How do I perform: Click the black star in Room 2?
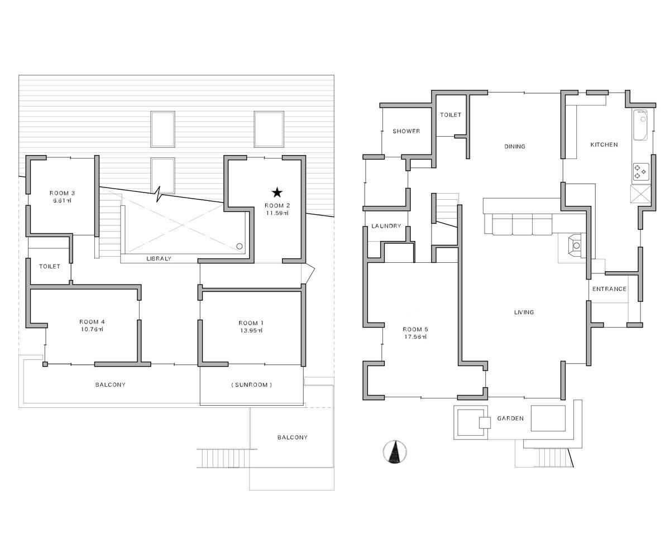(x=277, y=193)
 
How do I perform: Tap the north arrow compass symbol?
(x=395, y=451)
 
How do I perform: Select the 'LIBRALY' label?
(x=159, y=258)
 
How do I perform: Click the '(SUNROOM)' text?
(x=252, y=384)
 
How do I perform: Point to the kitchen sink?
(x=640, y=125)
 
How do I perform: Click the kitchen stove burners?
(x=641, y=171)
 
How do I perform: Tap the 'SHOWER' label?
(x=406, y=131)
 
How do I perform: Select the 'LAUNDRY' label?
(x=386, y=226)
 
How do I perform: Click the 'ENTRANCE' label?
(x=609, y=288)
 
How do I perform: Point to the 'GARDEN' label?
(x=510, y=418)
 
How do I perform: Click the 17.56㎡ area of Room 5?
(x=415, y=336)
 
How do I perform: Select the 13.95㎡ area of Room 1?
(x=251, y=330)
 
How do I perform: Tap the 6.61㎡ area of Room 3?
(x=62, y=200)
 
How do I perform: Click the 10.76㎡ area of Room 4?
(x=92, y=329)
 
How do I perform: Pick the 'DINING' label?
(x=515, y=146)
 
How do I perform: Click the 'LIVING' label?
(x=524, y=312)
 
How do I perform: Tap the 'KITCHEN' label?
(x=604, y=145)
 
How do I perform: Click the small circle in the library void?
(x=240, y=246)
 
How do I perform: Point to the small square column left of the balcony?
(x=45, y=364)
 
